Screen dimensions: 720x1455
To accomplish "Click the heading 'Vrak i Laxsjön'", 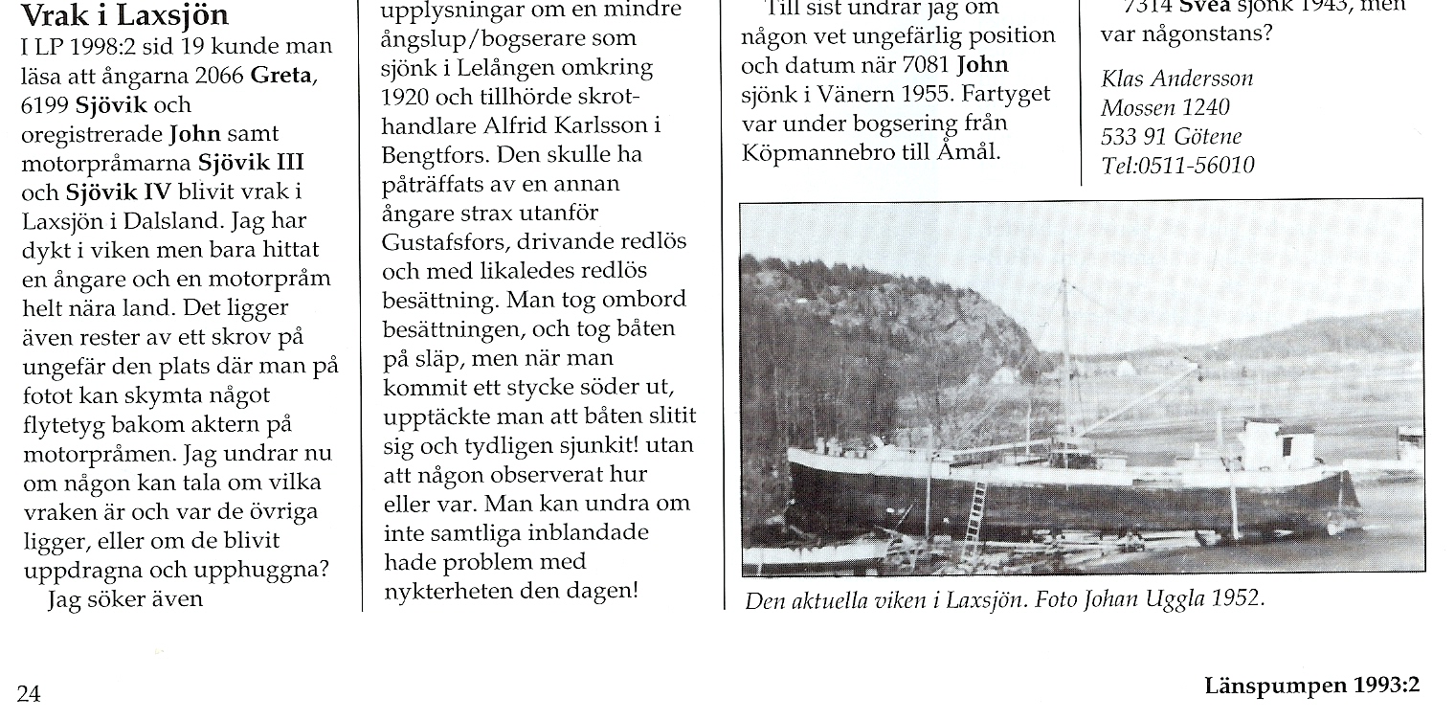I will tap(124, 15).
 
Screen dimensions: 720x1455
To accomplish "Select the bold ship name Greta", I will tap(281, 76).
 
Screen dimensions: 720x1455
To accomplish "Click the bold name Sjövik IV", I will tap(113, 191).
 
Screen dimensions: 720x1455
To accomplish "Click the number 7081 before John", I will tap(920, 65).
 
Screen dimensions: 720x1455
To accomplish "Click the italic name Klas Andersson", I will tap(1176, 79).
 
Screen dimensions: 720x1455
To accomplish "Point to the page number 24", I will tap(29, 692).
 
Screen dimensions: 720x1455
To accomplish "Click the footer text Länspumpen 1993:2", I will tap(1310, 685).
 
